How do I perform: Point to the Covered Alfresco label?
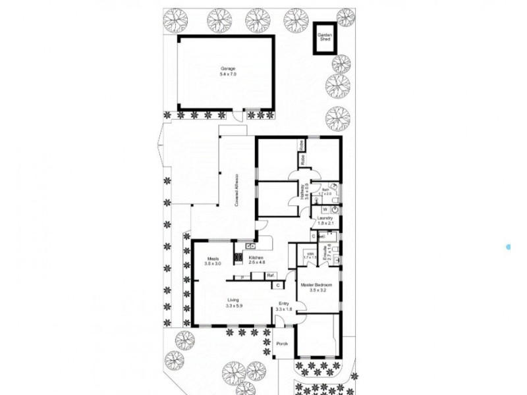pos(236,192)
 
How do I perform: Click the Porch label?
pos(282,344)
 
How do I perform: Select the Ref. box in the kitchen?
pos(270,275)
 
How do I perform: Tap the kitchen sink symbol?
pos(251,246)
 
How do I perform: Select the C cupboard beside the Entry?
pos(279,285)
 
